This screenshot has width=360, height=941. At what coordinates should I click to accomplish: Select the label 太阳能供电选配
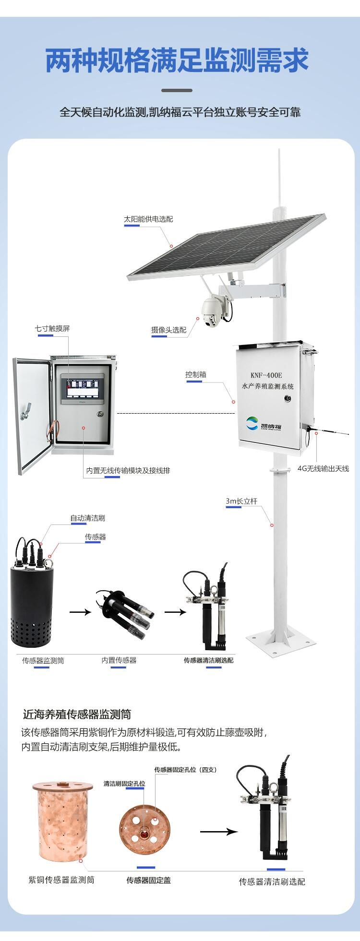[x=148, y=219]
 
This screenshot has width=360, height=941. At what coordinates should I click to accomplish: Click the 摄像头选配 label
[x=168, y=330]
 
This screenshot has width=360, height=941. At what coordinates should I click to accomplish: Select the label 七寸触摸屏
[x=52, y=328]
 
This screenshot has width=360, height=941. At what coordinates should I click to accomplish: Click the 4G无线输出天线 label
[x=323, y=468]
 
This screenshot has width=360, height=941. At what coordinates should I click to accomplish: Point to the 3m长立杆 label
[x=241, y=501]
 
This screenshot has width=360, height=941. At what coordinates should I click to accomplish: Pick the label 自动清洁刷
[x=87, y=518]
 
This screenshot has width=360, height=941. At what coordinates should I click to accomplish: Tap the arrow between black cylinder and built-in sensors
[x=80, y=612]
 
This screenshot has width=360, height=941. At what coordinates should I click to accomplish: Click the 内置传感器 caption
[x=119, y=660]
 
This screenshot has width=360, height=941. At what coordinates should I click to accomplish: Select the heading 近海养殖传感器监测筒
[x=77, y=714]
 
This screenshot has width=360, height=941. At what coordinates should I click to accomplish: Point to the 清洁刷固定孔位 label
[x=124, y=783]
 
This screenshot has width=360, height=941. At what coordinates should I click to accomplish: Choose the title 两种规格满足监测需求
[x=177, y=60]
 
